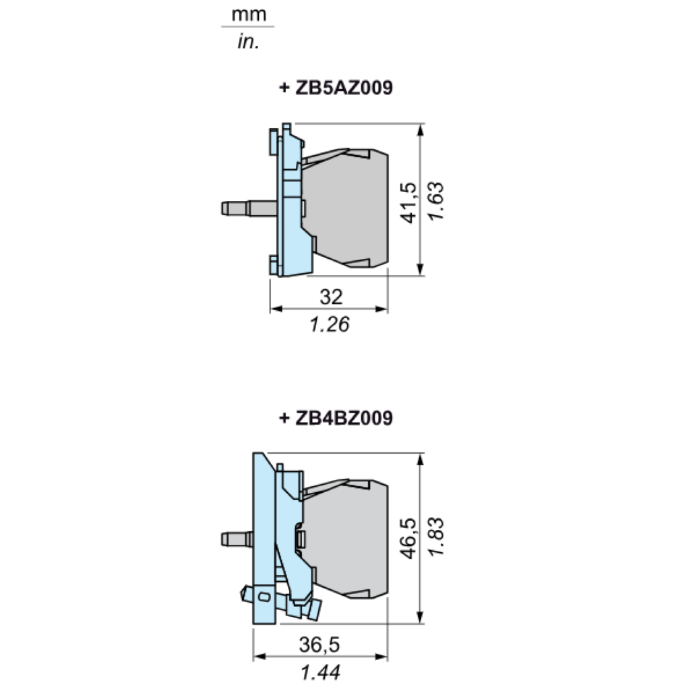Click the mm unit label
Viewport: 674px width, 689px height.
pyautogui.click(x=248, y=13)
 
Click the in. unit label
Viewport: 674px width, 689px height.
pyautogui.click(x=248, y=42)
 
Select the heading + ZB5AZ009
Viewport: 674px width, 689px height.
pyautogui.click(x=335, y=88)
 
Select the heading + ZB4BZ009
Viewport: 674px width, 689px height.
pyautogui.click(x=335, y=419)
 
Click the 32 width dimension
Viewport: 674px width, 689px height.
pyautogui.click(x=331, y=297)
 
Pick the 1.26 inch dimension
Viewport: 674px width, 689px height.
pyautogui.click(x=330, y=325)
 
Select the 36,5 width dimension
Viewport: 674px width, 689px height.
pyautogui.click(x=320, y=645)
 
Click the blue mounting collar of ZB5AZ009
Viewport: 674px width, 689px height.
pyautogui.click(x=290, y=202)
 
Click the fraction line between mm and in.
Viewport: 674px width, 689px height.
pyautogui.click(x=248, y=27)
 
